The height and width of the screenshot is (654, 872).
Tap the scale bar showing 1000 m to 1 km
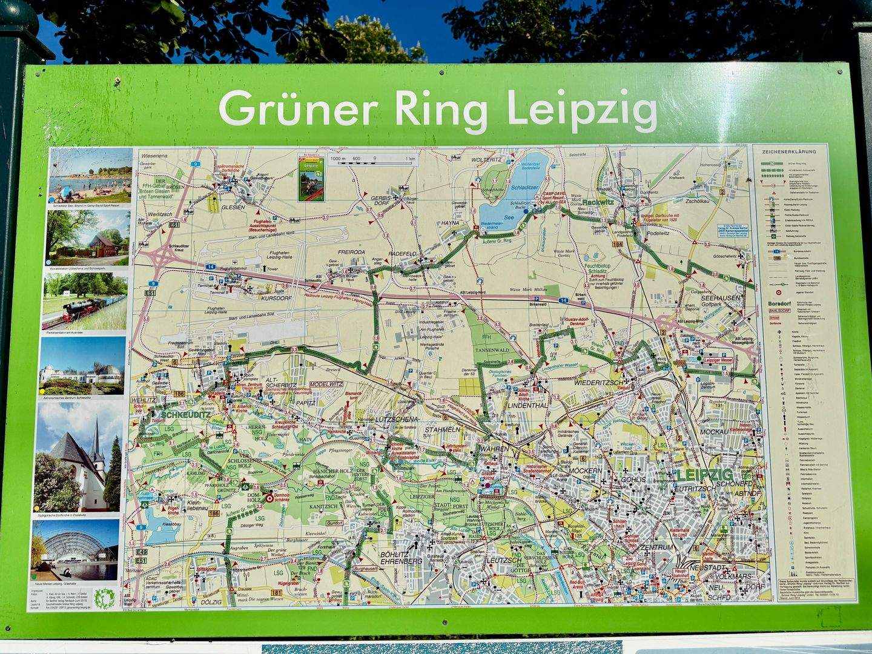point(372,159)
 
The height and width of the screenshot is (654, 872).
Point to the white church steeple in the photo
point(96,433)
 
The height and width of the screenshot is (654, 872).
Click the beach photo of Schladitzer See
point(90,175)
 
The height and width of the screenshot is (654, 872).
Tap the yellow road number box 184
point(616,245)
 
